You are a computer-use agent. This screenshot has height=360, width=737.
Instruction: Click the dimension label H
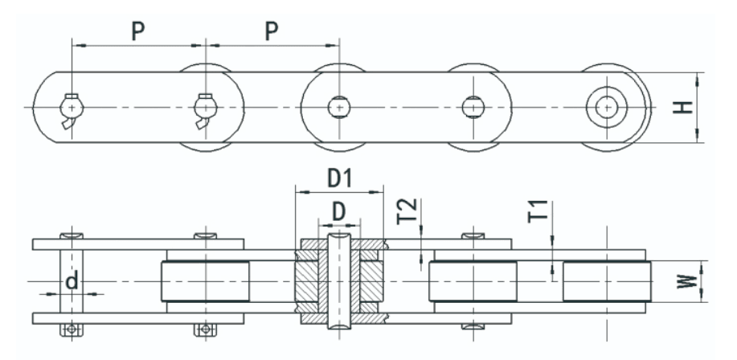point(683,107)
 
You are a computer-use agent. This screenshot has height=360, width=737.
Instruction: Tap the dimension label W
point(686,281)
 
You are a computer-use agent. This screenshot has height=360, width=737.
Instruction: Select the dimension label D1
point(339,178)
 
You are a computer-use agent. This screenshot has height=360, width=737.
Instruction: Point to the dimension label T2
point(407,211)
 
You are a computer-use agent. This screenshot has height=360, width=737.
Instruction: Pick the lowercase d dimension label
point(72,281)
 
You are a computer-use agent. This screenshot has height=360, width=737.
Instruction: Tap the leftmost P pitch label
point(137,31)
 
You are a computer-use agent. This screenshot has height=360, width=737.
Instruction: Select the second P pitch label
point(271,31)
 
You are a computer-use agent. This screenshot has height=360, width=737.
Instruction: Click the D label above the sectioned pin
point(339,211)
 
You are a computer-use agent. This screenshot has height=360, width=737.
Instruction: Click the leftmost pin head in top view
point(72,108)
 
